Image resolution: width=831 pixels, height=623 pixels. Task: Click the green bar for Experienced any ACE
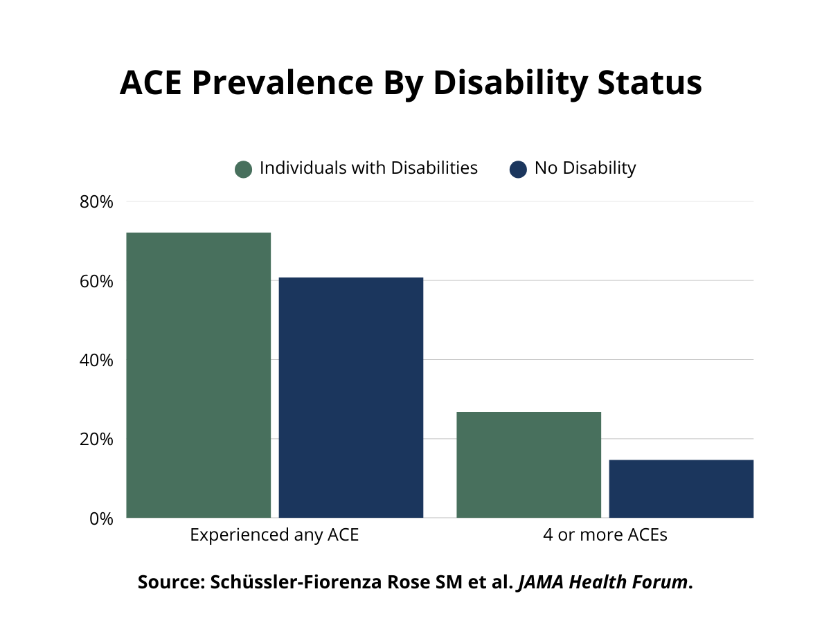[199, 374]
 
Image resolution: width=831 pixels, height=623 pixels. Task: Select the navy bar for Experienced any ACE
[351, 397]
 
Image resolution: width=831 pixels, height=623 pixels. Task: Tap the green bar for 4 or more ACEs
[529, 464]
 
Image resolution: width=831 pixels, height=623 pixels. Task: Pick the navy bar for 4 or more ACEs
[681, 488]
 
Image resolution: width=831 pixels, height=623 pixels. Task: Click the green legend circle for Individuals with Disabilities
[243, 169]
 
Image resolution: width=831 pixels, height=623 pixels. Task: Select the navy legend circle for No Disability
[518, 169]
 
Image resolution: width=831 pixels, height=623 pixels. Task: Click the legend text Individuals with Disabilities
[368, 168]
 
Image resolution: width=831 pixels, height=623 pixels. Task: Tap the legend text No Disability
[585, 168]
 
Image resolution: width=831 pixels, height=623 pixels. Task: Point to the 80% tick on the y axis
[96, 202]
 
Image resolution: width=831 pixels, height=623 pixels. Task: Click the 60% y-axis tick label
[96, 282]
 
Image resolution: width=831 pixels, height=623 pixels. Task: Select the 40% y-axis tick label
[96, 361]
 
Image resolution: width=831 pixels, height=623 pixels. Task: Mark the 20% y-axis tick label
[96, 440]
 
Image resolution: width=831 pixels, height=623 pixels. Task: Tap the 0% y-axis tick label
[101, 518]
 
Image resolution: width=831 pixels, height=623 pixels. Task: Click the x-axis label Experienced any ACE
[274, 535]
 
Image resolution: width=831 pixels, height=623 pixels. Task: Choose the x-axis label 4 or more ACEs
[605, 535]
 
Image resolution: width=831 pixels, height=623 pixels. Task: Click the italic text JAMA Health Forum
[602, 582]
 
